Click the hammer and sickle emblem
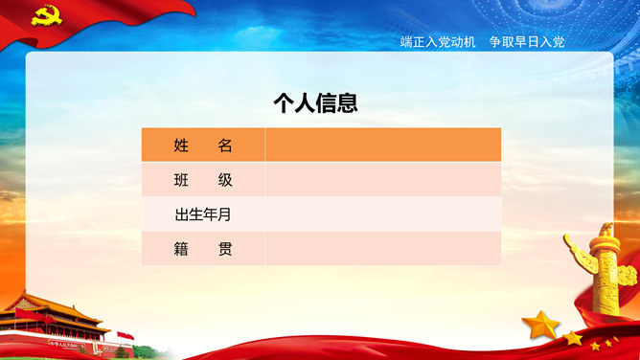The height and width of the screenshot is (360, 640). tap(45, 14)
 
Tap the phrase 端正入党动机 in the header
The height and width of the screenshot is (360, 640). tap(438, 42)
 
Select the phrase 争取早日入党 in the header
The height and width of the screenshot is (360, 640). tap(527, 42)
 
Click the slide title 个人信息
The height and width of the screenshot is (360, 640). tap(315, 103)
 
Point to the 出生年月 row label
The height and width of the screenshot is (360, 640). tap(203, 214)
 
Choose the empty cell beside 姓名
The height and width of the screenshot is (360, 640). tap(382, 146)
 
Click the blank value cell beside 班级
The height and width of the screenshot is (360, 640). tap(382, 180)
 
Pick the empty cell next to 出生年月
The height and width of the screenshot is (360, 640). tap(382, 214)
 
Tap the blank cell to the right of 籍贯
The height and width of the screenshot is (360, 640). tap(382, 249)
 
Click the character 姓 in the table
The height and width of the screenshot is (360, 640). tap(181, 146)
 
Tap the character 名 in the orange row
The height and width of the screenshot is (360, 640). tap(225, 146)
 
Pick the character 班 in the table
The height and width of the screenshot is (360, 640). tap(181, 180)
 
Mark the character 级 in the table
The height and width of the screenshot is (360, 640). tap(225, 180)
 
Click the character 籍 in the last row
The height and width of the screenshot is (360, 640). tap(181, 249)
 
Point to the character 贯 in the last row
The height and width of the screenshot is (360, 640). tap(225, 249)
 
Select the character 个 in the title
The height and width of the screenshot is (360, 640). tap(284, 103)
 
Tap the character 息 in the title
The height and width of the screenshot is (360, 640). tap(348, 103)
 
